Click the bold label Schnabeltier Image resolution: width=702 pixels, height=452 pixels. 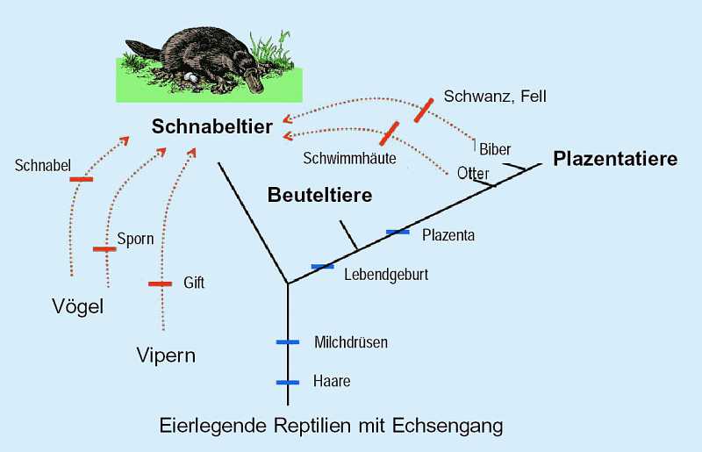211,126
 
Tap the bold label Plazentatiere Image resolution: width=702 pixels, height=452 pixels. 615,159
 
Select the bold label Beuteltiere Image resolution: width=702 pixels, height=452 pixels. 319,196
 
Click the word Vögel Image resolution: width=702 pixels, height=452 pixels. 77,307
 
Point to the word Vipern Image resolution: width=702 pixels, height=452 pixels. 166,355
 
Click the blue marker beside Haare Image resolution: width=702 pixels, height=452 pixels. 288,383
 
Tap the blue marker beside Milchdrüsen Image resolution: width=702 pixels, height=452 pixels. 288,342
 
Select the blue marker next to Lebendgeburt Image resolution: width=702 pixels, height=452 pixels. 322,267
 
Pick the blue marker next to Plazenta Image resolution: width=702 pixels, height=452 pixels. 398,232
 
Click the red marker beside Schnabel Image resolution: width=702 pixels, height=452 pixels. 82,180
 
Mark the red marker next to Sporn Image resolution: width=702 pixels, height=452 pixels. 104,249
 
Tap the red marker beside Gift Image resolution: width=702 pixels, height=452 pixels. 160,284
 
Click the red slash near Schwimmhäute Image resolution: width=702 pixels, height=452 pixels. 389,133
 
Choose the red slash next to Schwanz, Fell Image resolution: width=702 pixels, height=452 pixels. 424,111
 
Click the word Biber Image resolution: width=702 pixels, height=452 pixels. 495,149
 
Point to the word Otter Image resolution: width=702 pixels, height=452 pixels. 473,174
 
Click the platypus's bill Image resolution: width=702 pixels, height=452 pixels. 254,82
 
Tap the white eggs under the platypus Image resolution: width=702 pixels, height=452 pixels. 190,77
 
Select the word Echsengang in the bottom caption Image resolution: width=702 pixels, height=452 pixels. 448,426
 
